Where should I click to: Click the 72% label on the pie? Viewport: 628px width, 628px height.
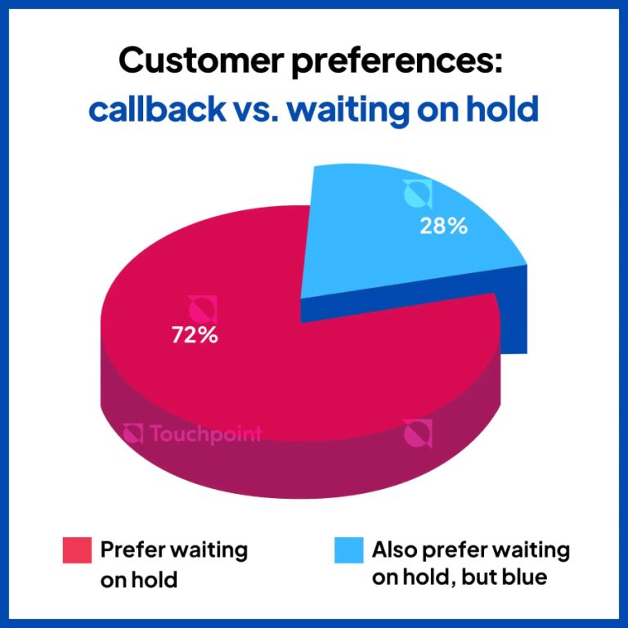[194, 334]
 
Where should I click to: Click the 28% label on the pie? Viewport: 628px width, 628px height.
[444, 226]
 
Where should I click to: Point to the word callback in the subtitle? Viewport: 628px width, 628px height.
[155, 109]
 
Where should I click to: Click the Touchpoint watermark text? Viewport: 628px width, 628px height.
[205, 433]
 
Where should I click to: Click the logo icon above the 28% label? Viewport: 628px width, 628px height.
[417, 195]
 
